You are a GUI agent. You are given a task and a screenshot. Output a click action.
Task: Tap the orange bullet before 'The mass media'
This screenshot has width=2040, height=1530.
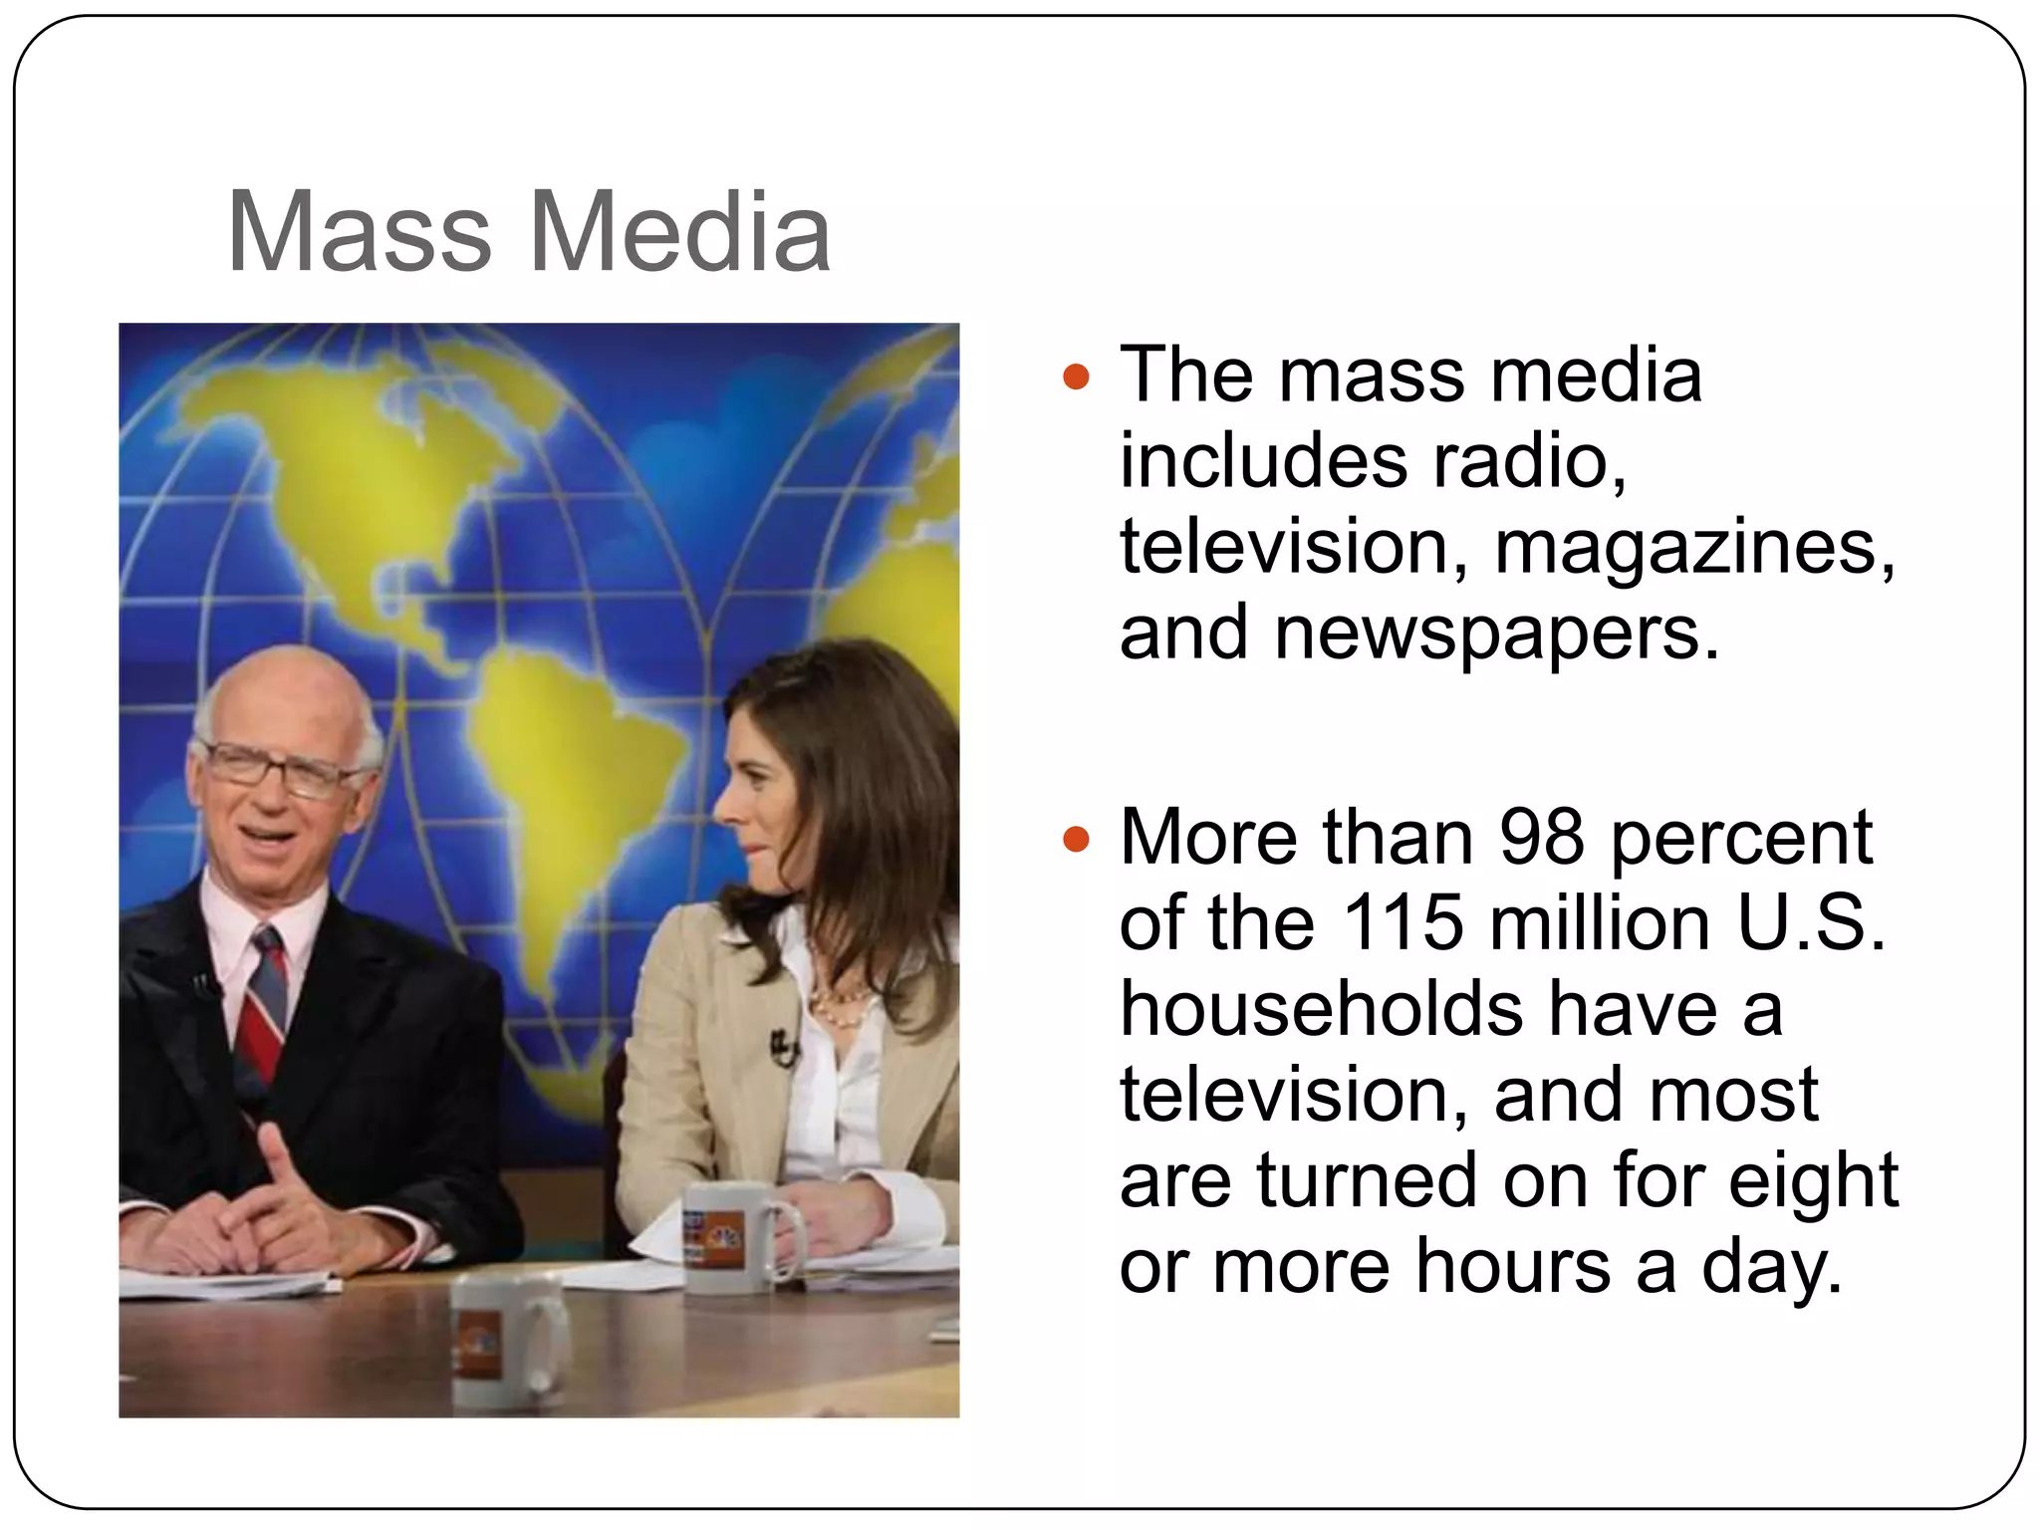tap(1076, 378)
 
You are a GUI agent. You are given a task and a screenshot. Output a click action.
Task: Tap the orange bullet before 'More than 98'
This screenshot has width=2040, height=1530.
tap(1076, 839)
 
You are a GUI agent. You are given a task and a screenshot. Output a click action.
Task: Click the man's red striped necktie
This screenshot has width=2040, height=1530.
tap(262, 1006)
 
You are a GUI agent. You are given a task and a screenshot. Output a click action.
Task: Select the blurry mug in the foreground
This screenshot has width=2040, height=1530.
tap(503, 1340)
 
